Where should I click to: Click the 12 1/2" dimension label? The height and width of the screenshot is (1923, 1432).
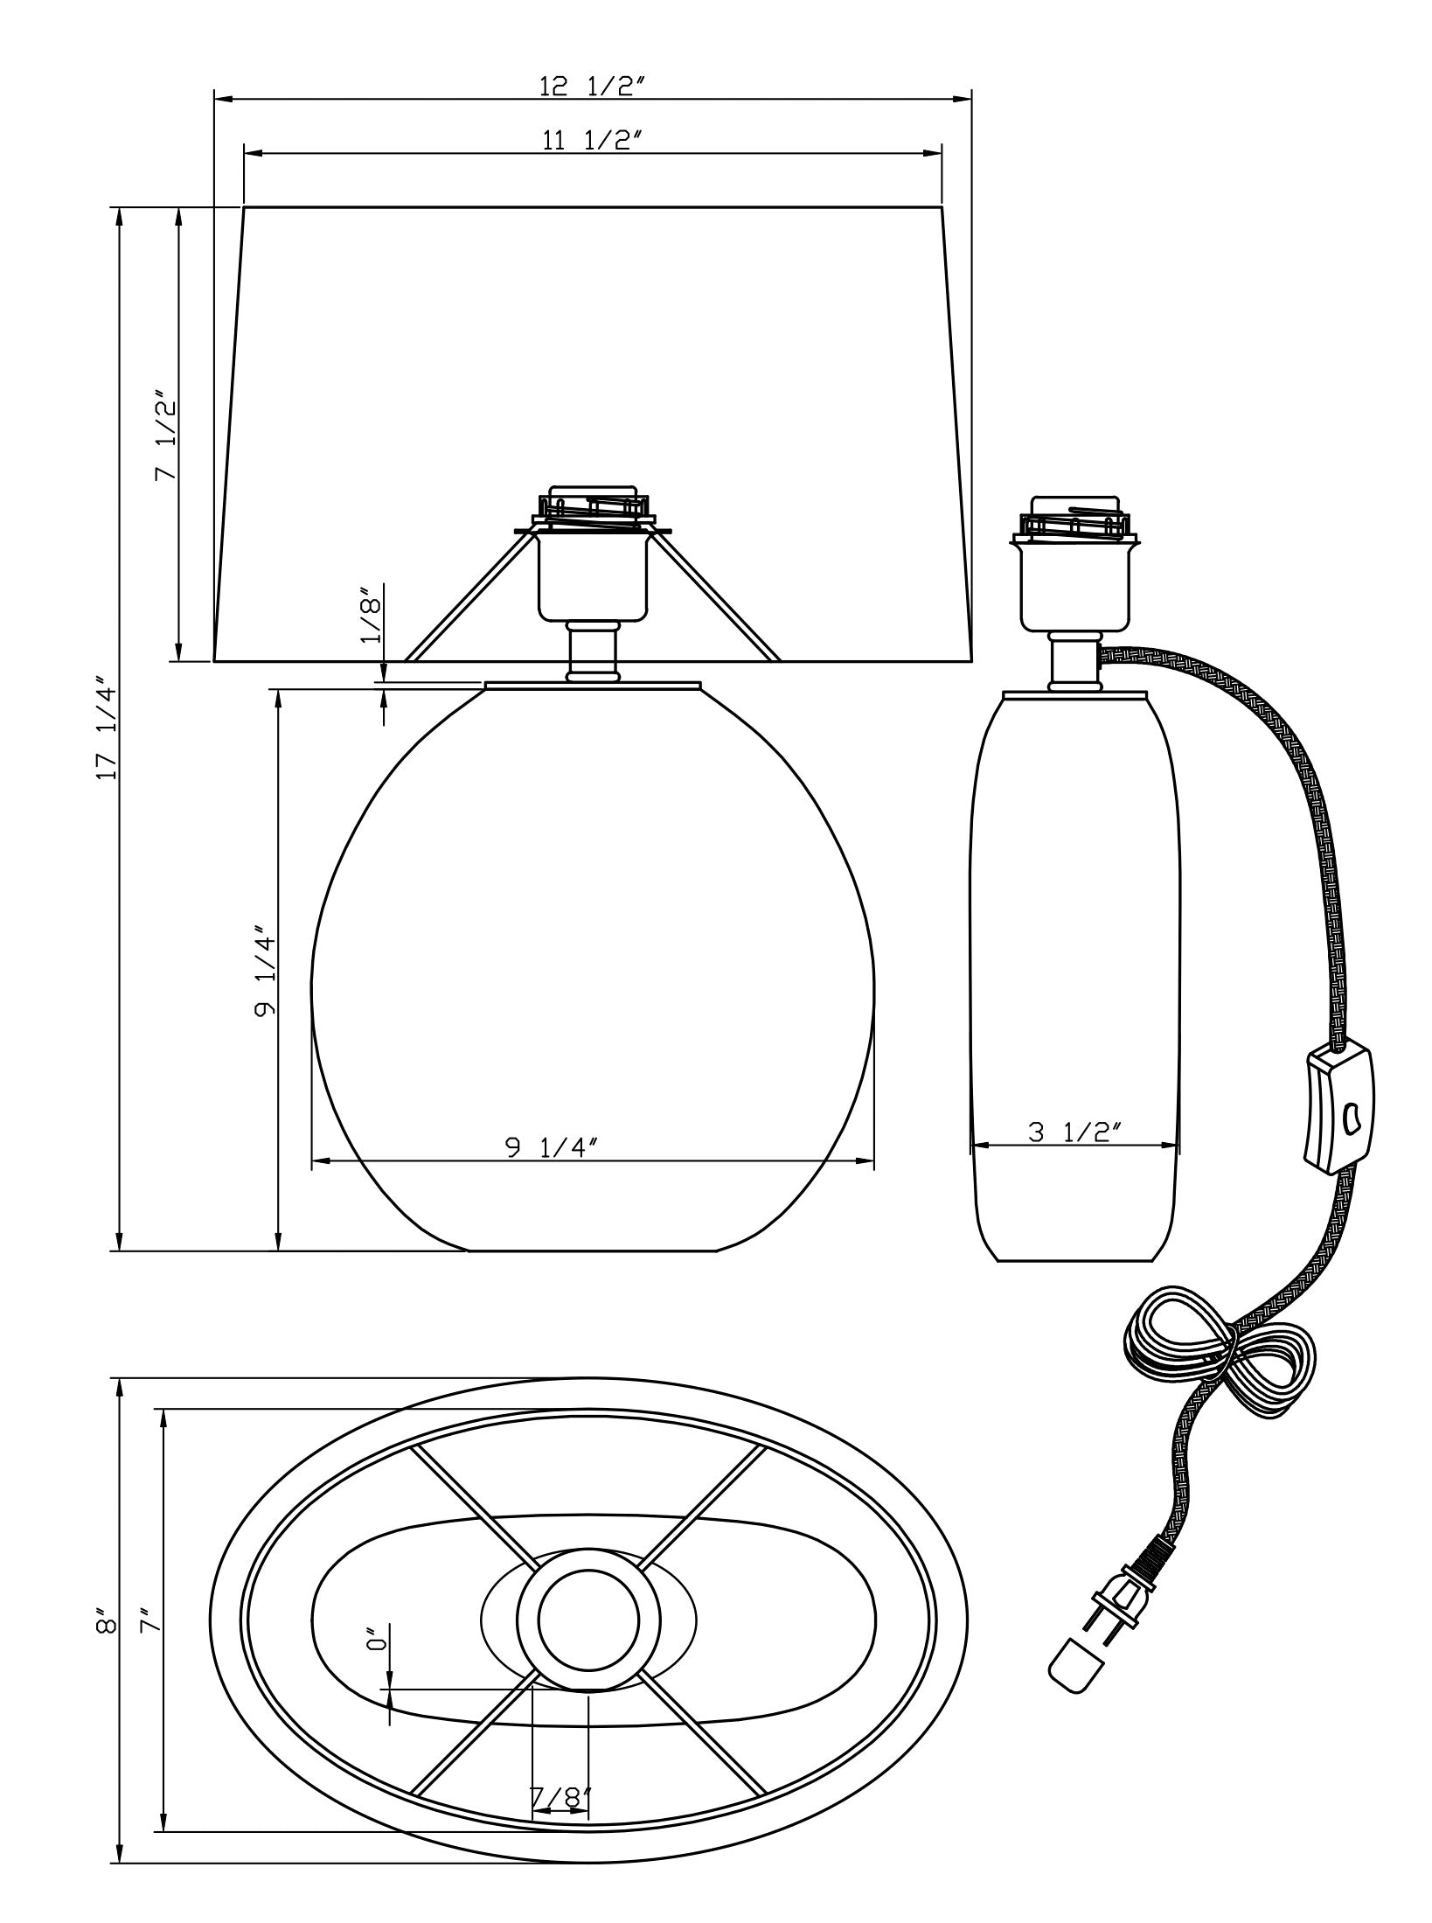click(x=592, y=86)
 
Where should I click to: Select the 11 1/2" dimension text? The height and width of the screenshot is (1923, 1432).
click(x=592, y=141)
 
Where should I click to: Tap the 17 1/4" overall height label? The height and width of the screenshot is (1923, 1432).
click(x=107, y=728)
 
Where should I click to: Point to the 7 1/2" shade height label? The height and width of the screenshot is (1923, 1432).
click(x=165, y=441)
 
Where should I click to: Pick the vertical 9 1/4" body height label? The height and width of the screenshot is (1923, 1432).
click(x=265, y=972)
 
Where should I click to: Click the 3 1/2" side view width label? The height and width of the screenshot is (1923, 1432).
click(x=1074, y=1132)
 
